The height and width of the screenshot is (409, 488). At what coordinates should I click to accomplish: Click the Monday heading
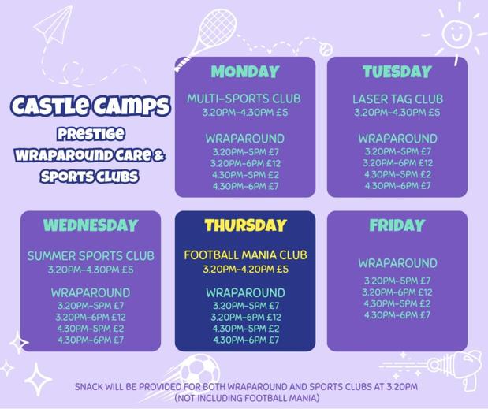[x=245, y=71]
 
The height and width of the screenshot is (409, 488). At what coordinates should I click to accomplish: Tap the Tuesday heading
[x=397, y=71]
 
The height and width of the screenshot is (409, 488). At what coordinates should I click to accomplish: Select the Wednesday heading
[x=91, y=225]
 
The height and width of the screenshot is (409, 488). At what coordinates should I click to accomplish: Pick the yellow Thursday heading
[x=245, y=225]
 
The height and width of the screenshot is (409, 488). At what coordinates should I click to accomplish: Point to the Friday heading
[x=397, y=225]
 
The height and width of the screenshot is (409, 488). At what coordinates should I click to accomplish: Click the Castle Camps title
[x=91, y=106]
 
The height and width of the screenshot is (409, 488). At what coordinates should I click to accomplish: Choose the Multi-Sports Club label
[x=244, y=99]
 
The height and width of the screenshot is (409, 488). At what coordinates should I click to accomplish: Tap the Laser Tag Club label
[x=397, y=99]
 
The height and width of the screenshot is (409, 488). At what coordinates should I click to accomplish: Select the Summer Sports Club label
[x=91, y=256]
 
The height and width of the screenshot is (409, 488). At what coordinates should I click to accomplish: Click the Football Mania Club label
[x=245, y=255]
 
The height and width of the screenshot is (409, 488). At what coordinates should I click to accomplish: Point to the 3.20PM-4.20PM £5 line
[x=245, y=269]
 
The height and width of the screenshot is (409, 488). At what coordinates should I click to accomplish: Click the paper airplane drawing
[x=53, y=25]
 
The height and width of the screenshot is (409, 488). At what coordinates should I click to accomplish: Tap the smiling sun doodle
[x=456, y=32]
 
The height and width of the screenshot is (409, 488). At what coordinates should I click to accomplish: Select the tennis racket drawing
[x=207, y=37]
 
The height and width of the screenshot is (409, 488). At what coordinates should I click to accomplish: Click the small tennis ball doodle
[x=326, y=50]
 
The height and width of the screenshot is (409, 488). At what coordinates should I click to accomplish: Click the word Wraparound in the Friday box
[x=397, y=263]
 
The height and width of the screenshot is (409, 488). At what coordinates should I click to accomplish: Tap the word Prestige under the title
[x=91, y=134]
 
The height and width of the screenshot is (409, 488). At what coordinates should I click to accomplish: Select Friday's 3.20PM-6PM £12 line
[x=397, y=292]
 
